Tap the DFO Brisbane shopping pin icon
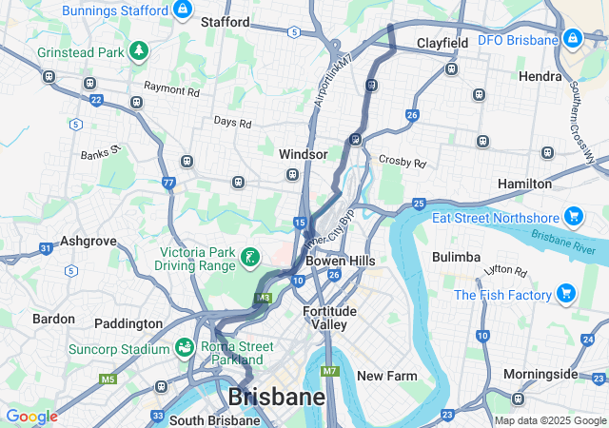tap(572, 40)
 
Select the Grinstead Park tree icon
tap(139, 49)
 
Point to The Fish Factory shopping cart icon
tap(566, 294)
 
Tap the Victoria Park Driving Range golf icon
tap(250, 257)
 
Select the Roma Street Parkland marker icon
tap(184, 349)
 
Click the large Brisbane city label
tap(277, 397)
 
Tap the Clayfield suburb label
tap(442, 44)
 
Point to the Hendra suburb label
tap(540, 75)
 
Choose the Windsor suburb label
tap(303, 154)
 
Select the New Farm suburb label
tap(386, 376)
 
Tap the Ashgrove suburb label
tap(88, 242)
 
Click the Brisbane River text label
tap(557, 239)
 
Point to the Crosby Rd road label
tap(400, 162)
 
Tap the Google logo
tap(31, 417)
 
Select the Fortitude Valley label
tap(329, 318)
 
